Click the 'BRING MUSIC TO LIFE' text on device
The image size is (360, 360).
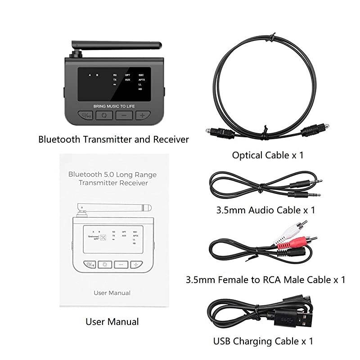(x=114, y=106)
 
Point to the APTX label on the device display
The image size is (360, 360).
(x=141, y=80)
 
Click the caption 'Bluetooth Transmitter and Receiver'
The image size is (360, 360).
(x=113, y=139)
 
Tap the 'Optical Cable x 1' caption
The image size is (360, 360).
(x=268, y=155)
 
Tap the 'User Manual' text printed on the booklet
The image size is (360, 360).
(x=112, y=293)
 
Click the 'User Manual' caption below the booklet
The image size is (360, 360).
(x=112, y=322)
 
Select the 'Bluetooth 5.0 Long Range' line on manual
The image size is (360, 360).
(x=112, y=174)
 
